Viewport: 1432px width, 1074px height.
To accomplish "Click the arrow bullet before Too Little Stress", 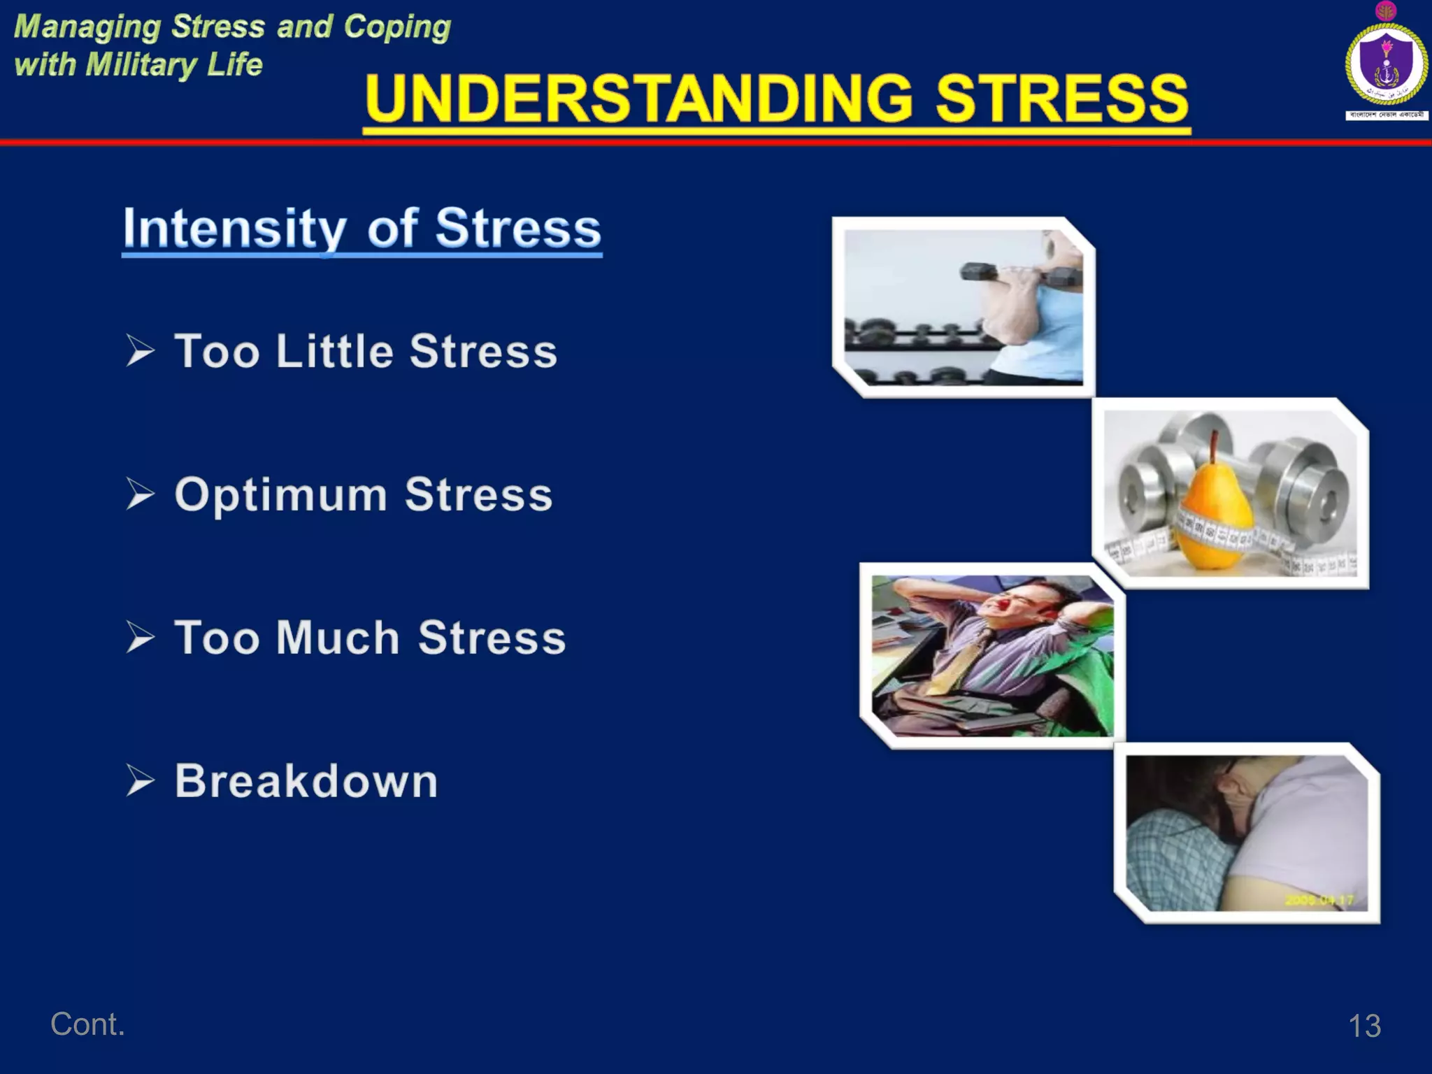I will [x=140, y=350].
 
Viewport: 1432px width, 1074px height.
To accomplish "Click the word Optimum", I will [x=280, y=495].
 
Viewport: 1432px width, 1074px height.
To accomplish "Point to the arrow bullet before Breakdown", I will [x=140, y=780].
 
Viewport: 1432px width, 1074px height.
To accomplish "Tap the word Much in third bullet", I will [x=338, y=638].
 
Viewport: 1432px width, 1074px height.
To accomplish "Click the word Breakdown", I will [x=306, y=781].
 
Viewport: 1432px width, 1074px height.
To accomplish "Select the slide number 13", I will [x=1363, y=1026].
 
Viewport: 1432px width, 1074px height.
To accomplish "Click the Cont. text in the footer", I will [x=87, y=1024].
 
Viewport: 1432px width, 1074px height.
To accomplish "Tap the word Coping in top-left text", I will [x=397, y=27].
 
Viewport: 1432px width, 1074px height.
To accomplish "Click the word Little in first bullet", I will [x=335, y=351].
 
